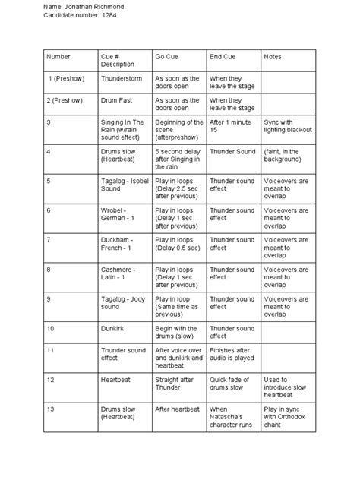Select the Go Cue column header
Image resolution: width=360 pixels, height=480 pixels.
click(x=168, y=57)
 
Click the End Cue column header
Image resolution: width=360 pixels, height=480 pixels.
click(x=222, y=57)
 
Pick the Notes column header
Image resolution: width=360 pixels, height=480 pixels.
click(x=272, y=57)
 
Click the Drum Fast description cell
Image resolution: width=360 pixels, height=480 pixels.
click(x=117, y=100)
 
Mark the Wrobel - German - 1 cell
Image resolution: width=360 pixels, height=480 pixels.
click(x=120, y=215)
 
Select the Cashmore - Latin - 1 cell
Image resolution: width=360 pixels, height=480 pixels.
click(x=120, y=274)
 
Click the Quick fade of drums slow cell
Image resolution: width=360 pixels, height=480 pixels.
click(x=232, y=383)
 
